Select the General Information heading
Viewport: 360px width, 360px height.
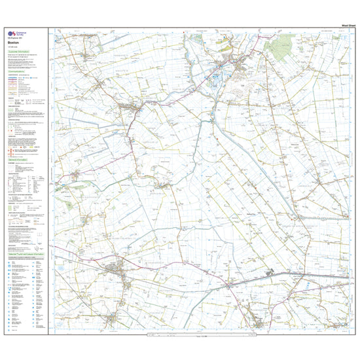[19, 159]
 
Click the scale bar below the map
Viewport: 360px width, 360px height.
[196, 336]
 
